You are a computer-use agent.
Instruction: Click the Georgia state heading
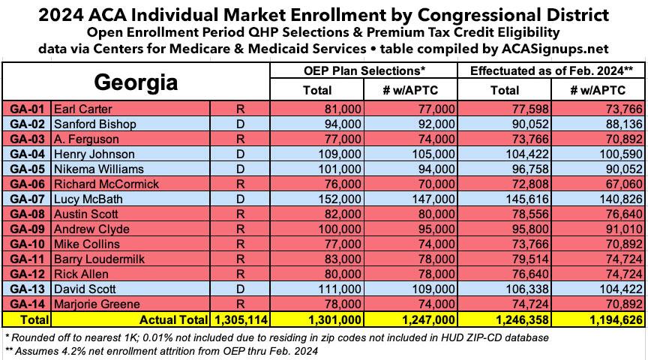pos(135,82)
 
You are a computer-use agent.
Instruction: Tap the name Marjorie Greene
pos(97,304)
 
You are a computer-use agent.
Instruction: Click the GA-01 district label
pos(26,109)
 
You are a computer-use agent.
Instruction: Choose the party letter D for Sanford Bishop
pos(239,124)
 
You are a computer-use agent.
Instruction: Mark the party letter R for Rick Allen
pos(239,274)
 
